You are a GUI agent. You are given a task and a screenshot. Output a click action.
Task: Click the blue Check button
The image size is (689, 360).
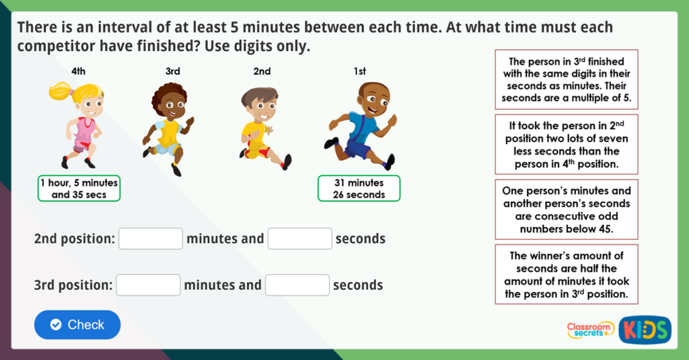[x=77, y=324]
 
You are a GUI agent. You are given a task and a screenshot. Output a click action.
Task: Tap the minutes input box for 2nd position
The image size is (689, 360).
[x=151, y=239]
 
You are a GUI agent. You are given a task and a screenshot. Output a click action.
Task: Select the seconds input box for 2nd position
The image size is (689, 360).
[x=299, y=239]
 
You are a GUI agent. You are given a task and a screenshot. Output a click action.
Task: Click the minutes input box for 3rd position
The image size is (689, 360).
[x=148, y=285]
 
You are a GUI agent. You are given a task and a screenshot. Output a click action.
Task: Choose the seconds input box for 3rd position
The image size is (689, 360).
[x=297, y=285]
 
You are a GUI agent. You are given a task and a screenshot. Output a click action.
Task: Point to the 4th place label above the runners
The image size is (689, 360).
[x=79, y=71]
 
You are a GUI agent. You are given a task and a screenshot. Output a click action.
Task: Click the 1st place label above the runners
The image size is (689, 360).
[x=360, y=71]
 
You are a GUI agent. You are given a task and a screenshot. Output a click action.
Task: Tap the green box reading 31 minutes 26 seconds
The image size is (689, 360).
[x=359, y=188]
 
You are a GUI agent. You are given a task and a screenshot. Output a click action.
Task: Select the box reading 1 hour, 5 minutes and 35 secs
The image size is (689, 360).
[x=79, y=188]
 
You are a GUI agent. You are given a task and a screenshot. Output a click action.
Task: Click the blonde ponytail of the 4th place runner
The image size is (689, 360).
[x=59, y=90]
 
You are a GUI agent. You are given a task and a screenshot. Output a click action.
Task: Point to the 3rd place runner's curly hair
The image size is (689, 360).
[x=168, y=94]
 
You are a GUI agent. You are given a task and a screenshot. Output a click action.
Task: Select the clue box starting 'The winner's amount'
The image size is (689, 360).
[x=566, y=275]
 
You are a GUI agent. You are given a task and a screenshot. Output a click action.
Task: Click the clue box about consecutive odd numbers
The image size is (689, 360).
[x=566, y=209]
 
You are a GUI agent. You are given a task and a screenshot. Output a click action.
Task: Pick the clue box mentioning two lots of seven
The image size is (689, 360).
[x=566, y=144]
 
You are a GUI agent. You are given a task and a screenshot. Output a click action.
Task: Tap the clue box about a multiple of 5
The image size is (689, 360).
[x=566, y=80]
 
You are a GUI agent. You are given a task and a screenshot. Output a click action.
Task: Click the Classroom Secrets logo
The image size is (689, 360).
[x=589, y=330]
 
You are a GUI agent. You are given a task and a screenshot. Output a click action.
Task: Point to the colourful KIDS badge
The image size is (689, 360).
[x=645, y=330]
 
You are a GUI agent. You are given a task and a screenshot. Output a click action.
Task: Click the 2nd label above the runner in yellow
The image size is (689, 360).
[x=262, y=71]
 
